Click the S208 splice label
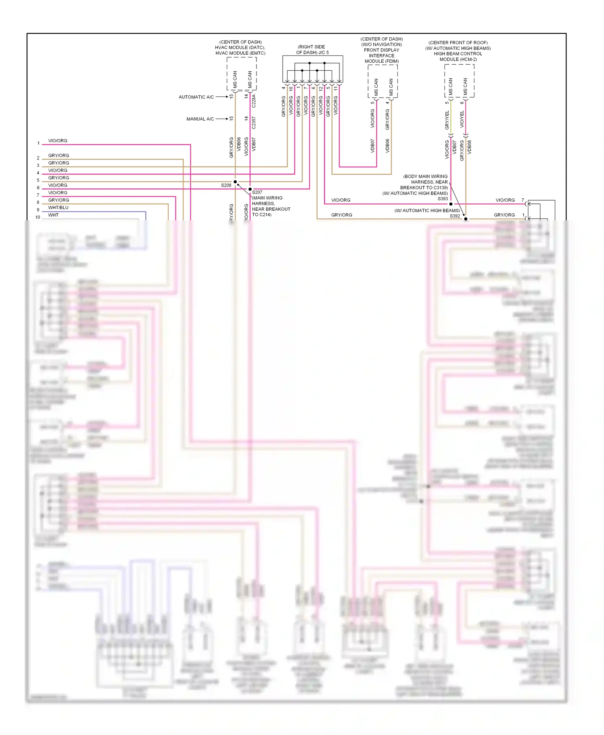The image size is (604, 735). click(226, 185)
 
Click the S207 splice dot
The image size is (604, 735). click(250, 189)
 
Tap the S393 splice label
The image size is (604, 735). click(443, 199)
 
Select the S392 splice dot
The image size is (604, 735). click(466, 219)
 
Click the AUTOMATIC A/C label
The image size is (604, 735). click(196, 97)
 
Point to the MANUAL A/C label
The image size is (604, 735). click(200, 119)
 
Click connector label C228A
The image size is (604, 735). click(254, 101)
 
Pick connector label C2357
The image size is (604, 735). click(254, 123)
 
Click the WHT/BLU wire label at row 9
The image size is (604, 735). click(58, 207)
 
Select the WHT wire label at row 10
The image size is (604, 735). click(53, 215)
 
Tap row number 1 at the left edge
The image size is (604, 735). click(39, 143)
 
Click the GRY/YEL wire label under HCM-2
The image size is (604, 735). click(447, 120)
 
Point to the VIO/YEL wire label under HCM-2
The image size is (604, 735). click(462, 119)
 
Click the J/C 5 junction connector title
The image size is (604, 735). click(312, 50)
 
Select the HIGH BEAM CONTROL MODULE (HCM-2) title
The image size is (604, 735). click(458, 56)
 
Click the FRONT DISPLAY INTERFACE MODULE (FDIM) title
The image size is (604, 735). click(382, 55)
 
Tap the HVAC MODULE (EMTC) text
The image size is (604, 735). click(240, 53)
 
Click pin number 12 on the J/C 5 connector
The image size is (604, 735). click(321, 88)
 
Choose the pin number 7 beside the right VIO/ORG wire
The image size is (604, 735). click(523, 200)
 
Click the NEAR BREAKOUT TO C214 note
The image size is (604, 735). click(271, 211)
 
